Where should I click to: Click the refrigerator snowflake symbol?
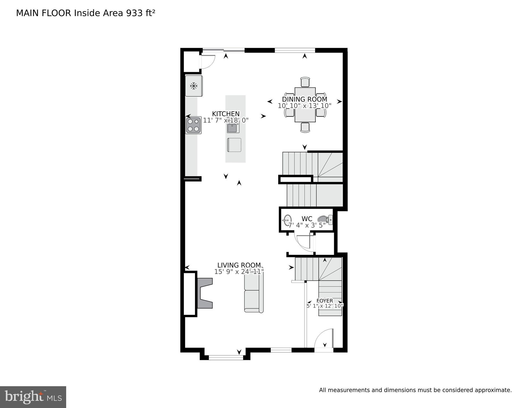tap(194, 86)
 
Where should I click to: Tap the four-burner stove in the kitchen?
tap(193, 125)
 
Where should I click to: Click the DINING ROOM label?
tap(305, 99)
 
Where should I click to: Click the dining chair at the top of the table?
tap(305, 82)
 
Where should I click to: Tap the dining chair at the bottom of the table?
tap(305, 127)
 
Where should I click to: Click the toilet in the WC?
tap(325, 220)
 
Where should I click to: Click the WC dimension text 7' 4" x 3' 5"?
tap(307, 225)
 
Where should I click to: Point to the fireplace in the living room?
tap(205, 293)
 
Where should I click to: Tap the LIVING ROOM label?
tap(239, 265)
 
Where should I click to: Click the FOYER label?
tap(324, 301)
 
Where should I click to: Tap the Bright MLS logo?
tap(33, 397)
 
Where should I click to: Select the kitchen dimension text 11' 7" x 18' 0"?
tap(226, 120)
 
